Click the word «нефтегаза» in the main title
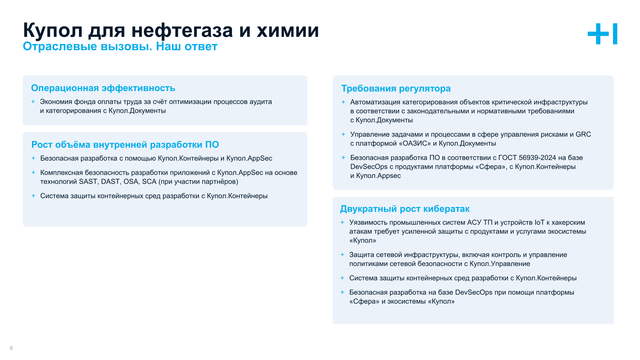click(x=182, y=30)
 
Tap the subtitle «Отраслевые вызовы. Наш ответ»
click(x=120, y=46)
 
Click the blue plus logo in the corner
click(x=602, y=34)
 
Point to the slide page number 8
click(x=11, y=348)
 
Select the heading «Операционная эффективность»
click(x=103, y=88)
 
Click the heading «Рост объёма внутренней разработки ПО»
click(x=125, y=145)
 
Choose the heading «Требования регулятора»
click(x=396, y=89)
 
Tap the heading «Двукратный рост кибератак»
click(x=405, y=209)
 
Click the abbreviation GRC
click(x=583, y=134)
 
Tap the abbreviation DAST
click(x=110, y=182)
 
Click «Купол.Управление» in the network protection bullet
click(x=500, y=264)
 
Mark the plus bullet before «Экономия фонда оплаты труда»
click(x=33, y=102)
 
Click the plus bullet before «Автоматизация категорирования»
click(x=343, y=102)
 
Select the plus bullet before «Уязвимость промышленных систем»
click(x=342, y=222)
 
